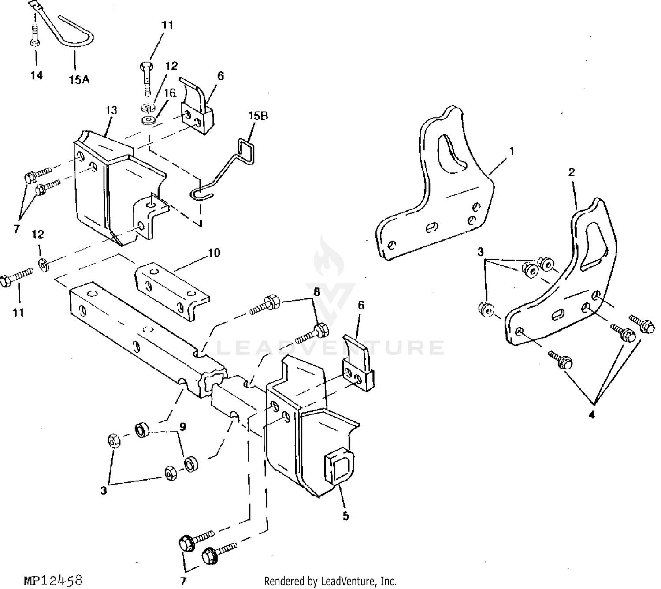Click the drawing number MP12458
[x=53, y=580]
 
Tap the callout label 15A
[x=79, y=80]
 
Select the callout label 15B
[x=258, y=116]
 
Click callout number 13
[x=111, y=110]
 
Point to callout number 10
[x=214, y=252]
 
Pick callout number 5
[x=346, y=516]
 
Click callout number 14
[x=37, y=75]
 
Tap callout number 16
[x=170, y=93]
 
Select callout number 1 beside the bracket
[x=512, y=151]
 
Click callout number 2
[x=571, y=172]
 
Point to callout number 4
[x=591, y=415]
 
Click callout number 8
[x=316, y=292]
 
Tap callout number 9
[x=182, y=426]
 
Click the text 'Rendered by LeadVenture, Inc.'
[x=330, y=581]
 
